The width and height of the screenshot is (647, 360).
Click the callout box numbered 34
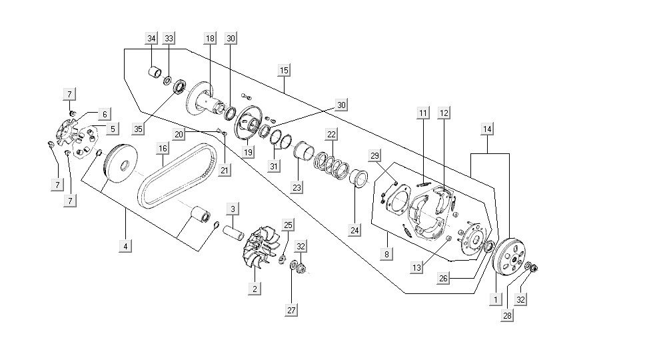coord(151,39)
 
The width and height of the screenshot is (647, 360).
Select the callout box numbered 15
coord(284,70)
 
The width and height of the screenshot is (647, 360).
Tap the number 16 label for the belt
coord(162,147)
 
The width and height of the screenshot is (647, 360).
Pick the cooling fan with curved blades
coord(261,246)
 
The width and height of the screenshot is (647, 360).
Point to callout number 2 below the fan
coord(254,289)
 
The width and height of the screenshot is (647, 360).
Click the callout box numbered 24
coord(355,231)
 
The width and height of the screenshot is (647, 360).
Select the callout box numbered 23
coord(297,188)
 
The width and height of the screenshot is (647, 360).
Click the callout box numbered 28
coord(508,315)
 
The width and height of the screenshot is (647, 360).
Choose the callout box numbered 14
coord(488,129)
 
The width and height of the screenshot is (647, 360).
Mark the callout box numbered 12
coord(444,113)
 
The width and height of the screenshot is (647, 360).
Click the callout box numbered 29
coord(375,156)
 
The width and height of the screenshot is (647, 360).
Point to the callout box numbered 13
coord(416,268)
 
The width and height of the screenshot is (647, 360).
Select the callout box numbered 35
coord(138,129)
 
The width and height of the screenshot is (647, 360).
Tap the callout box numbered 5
coord(113,128)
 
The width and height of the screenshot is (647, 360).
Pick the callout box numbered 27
coord(291,310)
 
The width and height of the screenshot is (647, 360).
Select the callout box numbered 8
coord(387,254)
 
